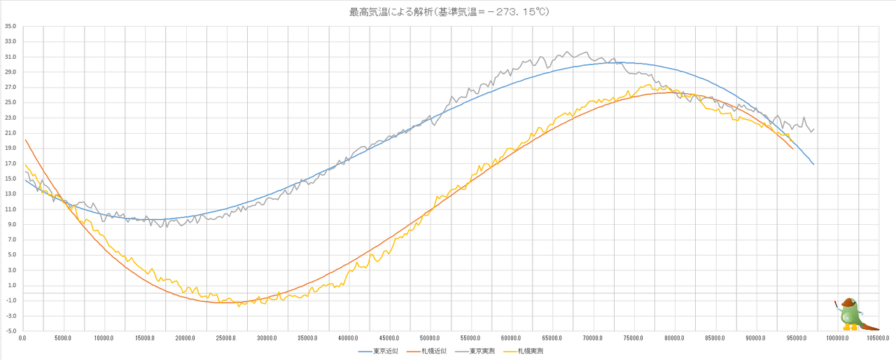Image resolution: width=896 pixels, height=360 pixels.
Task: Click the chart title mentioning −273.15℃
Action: pyautogui.click(x=447, y=12)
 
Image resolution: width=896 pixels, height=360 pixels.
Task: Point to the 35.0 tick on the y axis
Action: pyautogui.click(x=10, y=27)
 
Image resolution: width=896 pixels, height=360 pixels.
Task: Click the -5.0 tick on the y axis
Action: pyautogui.click(x=10, y=331)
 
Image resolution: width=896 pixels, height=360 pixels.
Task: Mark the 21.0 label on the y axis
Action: pyautogui.click(x=10, y=133)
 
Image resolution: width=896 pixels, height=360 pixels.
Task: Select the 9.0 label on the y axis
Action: pyautogui.click(x=10, y=225)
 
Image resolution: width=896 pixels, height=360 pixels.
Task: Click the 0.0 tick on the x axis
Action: pyautogui.click(x=23, y=338)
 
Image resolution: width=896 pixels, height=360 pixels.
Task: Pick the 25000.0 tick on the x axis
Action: pyautogui.click(x=227, y=338)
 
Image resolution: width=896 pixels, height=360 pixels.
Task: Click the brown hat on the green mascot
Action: pyautogui.click(x=849, y=302)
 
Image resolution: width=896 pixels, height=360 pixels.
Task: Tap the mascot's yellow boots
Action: pyautogui.click(x=850, y=327)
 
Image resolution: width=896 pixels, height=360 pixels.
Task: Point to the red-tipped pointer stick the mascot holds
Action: pyautogui.click(x=836, y=305)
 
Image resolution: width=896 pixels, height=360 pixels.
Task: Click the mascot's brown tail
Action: pyautogui.click(x=870, y=326)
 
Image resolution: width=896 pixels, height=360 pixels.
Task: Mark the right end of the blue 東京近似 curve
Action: pyautogui.click(x=813, y=164)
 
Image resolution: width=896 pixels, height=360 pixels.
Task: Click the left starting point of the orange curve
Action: pyautogui.click(x=25, y=140)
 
